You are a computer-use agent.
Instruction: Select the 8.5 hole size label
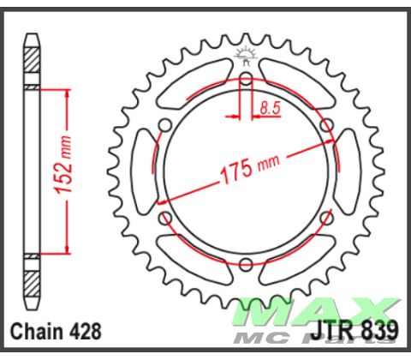point(268,109)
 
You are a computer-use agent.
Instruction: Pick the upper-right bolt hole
point(326,126)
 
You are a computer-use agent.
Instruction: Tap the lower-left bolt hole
point(166,219)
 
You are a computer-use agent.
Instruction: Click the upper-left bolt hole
point(166,127)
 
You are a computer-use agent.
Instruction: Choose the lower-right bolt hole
point(326,219)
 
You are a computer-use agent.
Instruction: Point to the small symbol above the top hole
point(246,59)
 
